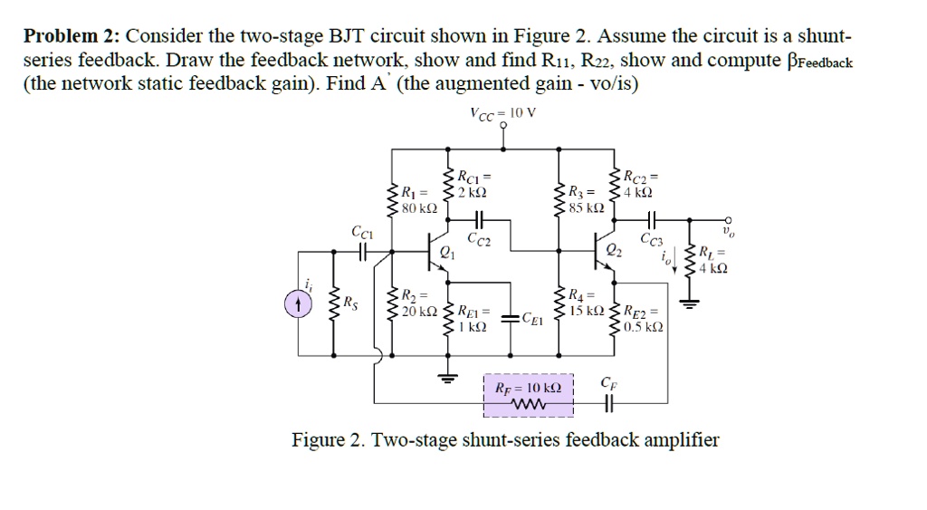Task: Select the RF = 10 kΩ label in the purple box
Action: [529, 388]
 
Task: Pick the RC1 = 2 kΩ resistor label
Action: [472, 184]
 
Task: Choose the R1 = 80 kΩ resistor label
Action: [418, 199]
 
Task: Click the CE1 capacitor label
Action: [536, 319]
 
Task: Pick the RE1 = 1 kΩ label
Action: [474, 319]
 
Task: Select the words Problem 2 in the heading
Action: [72, 37]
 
